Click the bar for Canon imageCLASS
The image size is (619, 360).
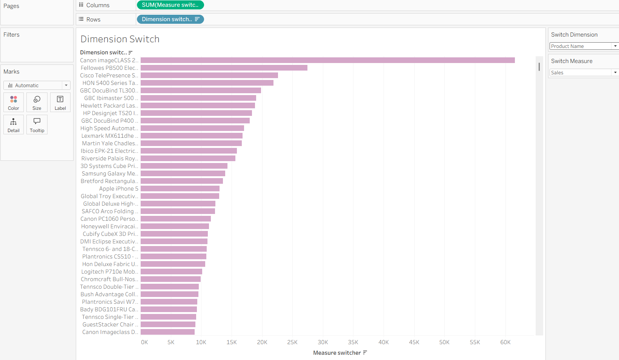pyautogui.click(x=327, y=60)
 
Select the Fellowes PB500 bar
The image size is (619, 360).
pyautogui.click(x=224, y=68)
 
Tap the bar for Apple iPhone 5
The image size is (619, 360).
pyautogui.click(x=180, y=189)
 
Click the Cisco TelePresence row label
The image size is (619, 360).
pyautogui.click(x=109, y=75)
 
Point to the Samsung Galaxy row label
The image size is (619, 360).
pyautogui.click(x=110, y=174)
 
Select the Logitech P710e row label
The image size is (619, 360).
pyautogui.click(x=109, y=272)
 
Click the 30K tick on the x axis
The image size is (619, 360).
pyautogui.click(x=323, y=342)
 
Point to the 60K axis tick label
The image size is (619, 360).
pyautogui.click(x=505, y=342)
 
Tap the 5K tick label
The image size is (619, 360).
pyautogui.click(x=171, y=342)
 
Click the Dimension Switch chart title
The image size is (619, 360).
pyautogui.click(x=120, y=39)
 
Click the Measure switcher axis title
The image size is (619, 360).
pyautogui.click(x=337, y=353)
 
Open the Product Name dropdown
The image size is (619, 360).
pyautogui.click(x=584, y=46)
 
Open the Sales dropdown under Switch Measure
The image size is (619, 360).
pyautogui.click(x=584, y=72)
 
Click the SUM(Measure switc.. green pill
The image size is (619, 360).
pyautogui.click(x=170, y=5)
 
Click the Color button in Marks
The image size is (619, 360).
pyautogui.click(x=14, y=102)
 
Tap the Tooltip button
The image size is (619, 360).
pyautogui.click(x=37, y=125)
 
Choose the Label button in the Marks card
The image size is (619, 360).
pyautogui.click(x=60, y=102)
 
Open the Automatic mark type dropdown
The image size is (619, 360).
pyautogui.click(x=37, y=85)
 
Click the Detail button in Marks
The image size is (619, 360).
pyautogui.click(x=14, y=125)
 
